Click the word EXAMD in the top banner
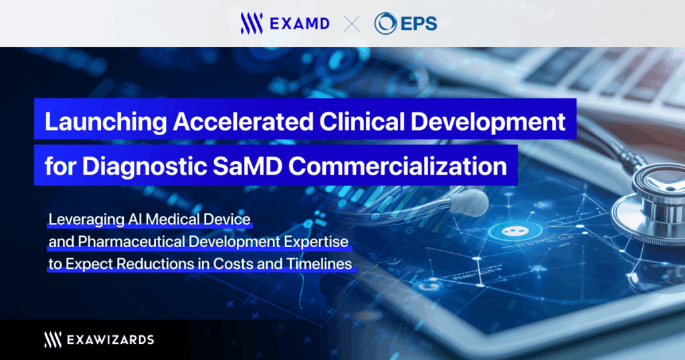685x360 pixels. pyautogui.click(x=300, y=23)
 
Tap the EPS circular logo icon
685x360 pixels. pyautogui.click(x=385, y=23)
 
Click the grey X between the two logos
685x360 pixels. pyautogui.click(x=352, y=23)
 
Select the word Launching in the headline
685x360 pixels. pyautogui.click(x=106, y=122)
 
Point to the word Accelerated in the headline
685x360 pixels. pyautogui.click(x=243, y=121)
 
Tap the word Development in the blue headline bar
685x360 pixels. pyautogui.click(x=488, y=122)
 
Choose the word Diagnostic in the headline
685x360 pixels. pyautogui.click(x=144, y=167)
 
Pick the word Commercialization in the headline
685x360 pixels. pyautogui.click(x=397, y=166)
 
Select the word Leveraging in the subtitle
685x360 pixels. pyautogui.click(x=86, y=219)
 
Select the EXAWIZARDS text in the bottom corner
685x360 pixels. pyautogui.click(x=110, y=340)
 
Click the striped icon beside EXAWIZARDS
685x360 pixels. pyautogui.click(x=52, y=339)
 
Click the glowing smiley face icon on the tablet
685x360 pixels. pyautogui.click(x=514, y=231)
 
